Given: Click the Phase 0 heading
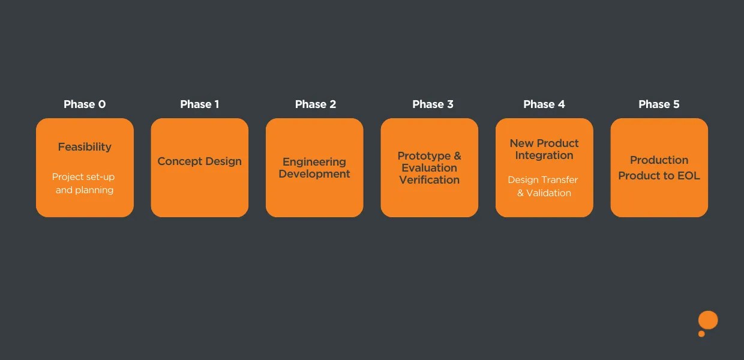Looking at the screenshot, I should [x=85, y=104].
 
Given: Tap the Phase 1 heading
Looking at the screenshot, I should [x=200, y=104].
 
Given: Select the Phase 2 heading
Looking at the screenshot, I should [x=316, y=104].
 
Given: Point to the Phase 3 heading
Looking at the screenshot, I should [x=433, y=104].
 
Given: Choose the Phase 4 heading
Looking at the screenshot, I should [x=544, y=104].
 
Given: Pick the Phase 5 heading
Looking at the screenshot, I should [x=659, y=104].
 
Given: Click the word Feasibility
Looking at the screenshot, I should [x=85, y=147].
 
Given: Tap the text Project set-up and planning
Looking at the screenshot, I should [x=84, y=184].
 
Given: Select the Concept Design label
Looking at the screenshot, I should [x=200, y=161].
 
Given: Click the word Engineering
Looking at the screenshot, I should [x=314, y=162].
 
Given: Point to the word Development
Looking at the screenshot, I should [x=314, y=174].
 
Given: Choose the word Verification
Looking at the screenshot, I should [x=430, y=180].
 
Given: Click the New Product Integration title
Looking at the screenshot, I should [x=544, y=149].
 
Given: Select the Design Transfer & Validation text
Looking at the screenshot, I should [x=544, y=186].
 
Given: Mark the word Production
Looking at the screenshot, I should [x=659, y=160].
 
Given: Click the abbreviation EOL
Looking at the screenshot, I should [x=688, y=176].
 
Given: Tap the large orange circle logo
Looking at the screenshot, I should [x=708, y=320].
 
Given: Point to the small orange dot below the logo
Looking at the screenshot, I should [x=701, y=334].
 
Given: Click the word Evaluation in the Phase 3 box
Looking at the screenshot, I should [x=430, y=168].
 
